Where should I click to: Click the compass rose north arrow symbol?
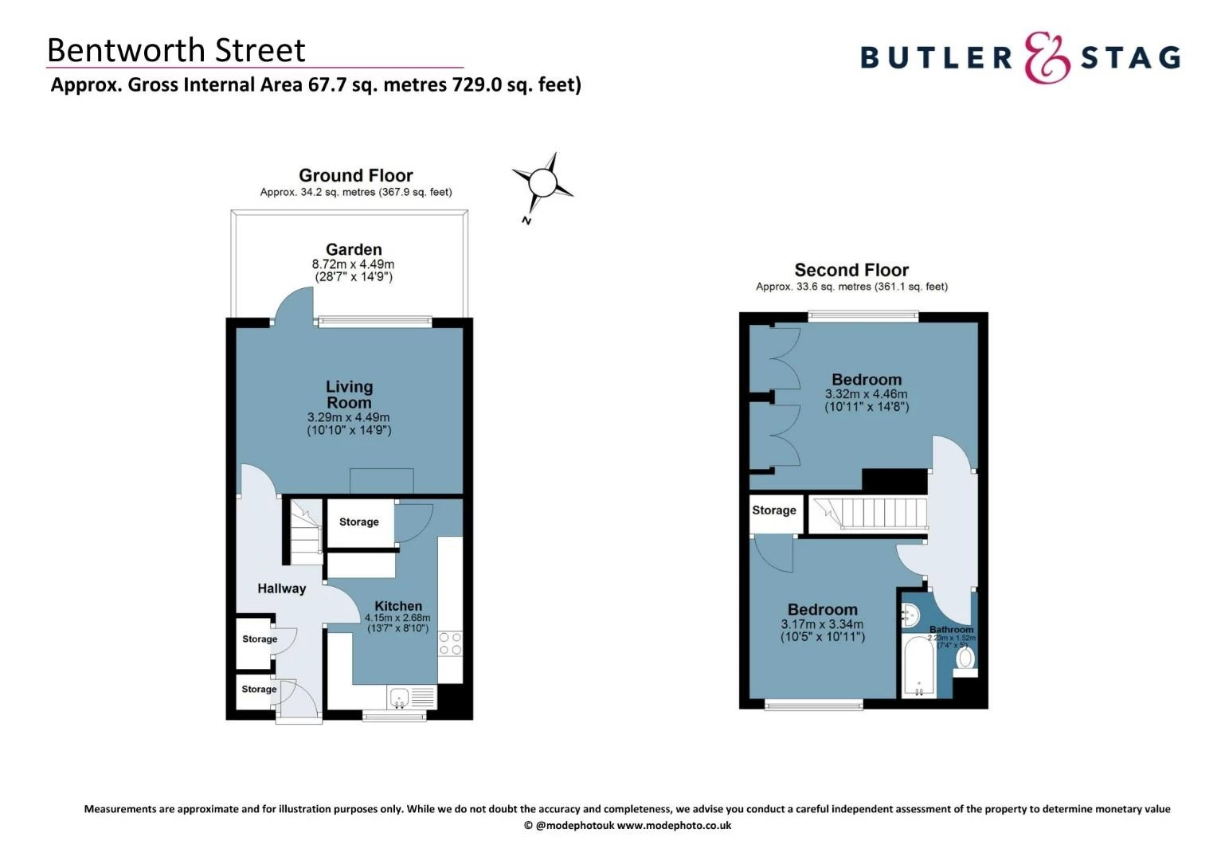(x=542, y=184)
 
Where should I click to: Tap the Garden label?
(x=354, y=249)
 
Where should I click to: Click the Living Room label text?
(x=349, y=394)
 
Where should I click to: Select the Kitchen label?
(x=398, y=606)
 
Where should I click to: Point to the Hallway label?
(x=281, y=588)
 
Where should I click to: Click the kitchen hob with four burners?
(x=450, y=643)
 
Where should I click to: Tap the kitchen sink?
(x=400, y=698)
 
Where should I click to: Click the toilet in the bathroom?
(x=965, y=659)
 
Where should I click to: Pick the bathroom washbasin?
(x=910, y=615)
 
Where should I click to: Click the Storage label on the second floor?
(x=774, y=510)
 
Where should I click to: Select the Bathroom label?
(x=952, y=630)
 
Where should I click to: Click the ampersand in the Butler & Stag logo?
(x=1047, y=57)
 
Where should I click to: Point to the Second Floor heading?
(x=851, y=270)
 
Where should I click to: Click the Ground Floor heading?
(x=356, y=175)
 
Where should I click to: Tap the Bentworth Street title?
(x=176, y=50)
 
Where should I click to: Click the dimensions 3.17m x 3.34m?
(x=822, y=624)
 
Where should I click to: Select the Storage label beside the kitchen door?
(x=359, y=522)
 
